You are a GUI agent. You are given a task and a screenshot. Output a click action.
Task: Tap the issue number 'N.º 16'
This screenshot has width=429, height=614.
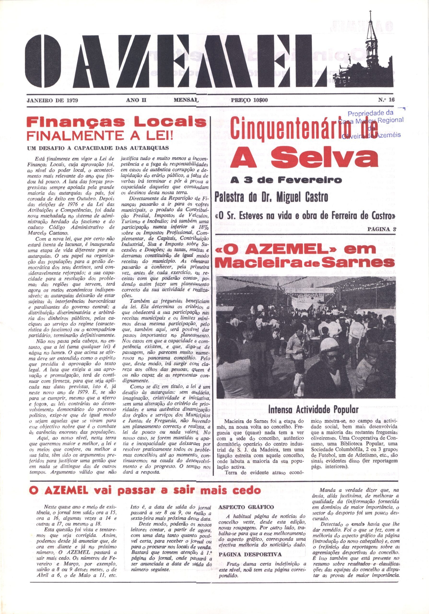point(387,100)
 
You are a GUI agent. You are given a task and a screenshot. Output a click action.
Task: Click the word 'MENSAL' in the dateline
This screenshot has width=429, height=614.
point(185,101)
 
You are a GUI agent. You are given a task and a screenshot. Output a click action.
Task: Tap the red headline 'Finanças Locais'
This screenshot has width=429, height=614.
point(114,123)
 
